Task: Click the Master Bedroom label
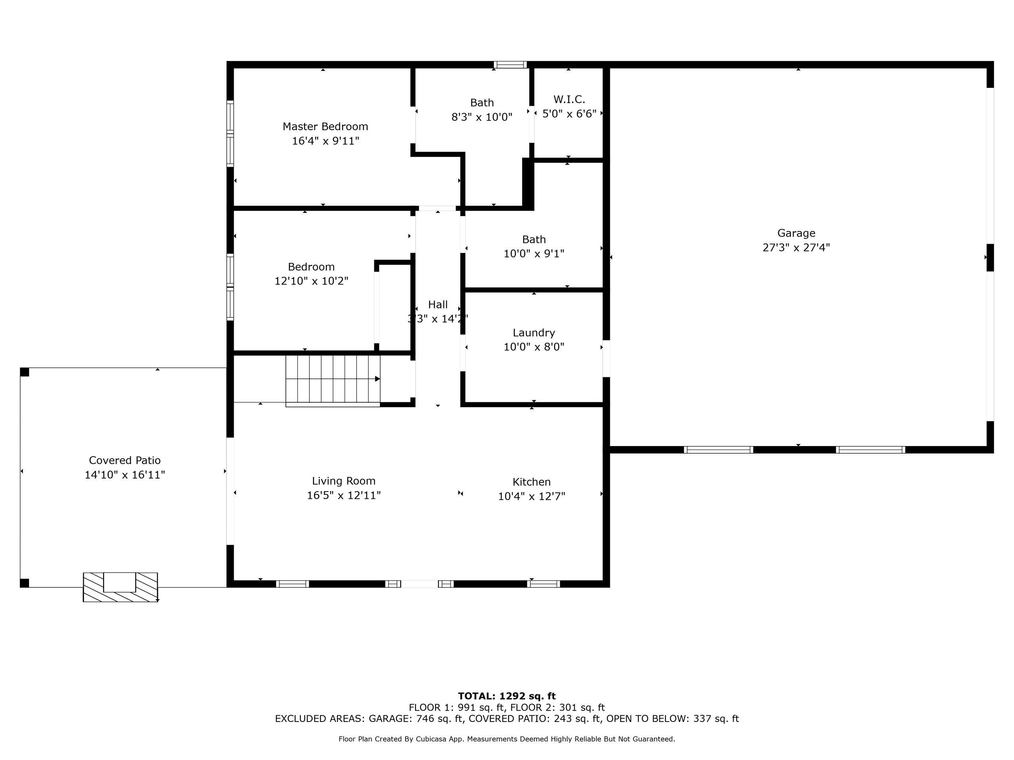325,126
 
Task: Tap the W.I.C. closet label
569,99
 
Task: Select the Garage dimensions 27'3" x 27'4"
796,248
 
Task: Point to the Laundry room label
534,333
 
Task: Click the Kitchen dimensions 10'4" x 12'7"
532,496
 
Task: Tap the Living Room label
344,481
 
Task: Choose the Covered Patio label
125,460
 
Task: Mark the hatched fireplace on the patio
120,587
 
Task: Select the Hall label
438,305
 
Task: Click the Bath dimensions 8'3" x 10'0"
482,117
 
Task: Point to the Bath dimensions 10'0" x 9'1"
534,254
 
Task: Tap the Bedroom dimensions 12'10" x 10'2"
311,281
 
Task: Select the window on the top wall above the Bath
510,65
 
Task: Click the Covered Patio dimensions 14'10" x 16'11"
125,475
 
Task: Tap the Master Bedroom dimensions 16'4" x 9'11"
326,141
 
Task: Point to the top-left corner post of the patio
25,372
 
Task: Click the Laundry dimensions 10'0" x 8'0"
534,347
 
